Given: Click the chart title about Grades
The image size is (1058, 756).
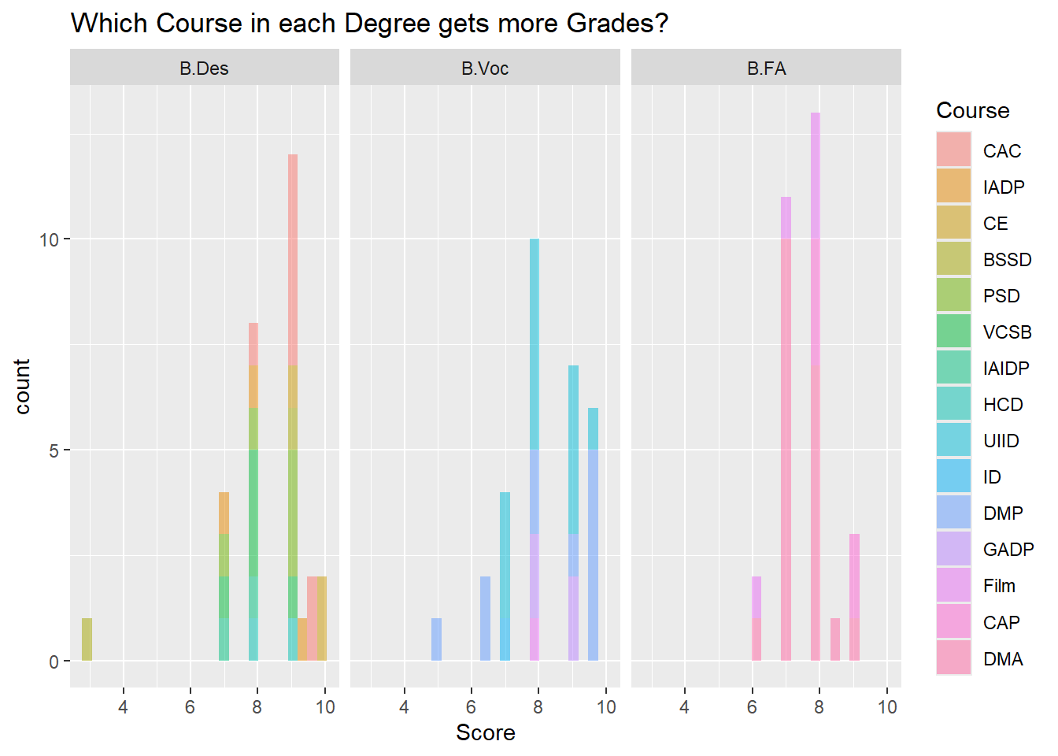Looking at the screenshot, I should pyautogui.click(x=369, y=24).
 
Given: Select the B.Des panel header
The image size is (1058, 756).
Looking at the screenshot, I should pyautogui.click(x=204, y=69).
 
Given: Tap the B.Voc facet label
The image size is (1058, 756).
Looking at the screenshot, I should pyautogui.click(x=485, y=69).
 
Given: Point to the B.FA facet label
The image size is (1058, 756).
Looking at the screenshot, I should pyautogui.click(x=766, y=69).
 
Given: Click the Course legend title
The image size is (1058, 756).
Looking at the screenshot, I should pyautogui.click(x=972, y=111).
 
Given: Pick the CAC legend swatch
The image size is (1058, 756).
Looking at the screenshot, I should pyautogui.click(x=953, y=150).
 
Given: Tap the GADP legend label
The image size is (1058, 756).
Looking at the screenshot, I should pyautogui.click(x=1008, y=550).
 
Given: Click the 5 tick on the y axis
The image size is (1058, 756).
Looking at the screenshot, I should pyautogui.click(x=54, y=450).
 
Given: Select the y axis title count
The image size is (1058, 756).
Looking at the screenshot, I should pyautogui.click(x=22, y=386).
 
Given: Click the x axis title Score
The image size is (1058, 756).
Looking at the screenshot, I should pyautogui.click(x=485, y=733).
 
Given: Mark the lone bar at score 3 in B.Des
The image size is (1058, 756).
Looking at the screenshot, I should pyautogui.click(x=87, y=640).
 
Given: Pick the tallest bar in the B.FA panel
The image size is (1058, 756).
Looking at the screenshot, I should pyautogui.click(x=816, y=386).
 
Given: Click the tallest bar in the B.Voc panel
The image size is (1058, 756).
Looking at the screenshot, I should pyautogui.click(x=535, y=449).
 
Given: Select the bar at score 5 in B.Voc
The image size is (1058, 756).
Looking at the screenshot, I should pyautogui.click(x=436, y=640).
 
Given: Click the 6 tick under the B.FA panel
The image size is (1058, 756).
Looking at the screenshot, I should pyautogui.click(x=752, y=707).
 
